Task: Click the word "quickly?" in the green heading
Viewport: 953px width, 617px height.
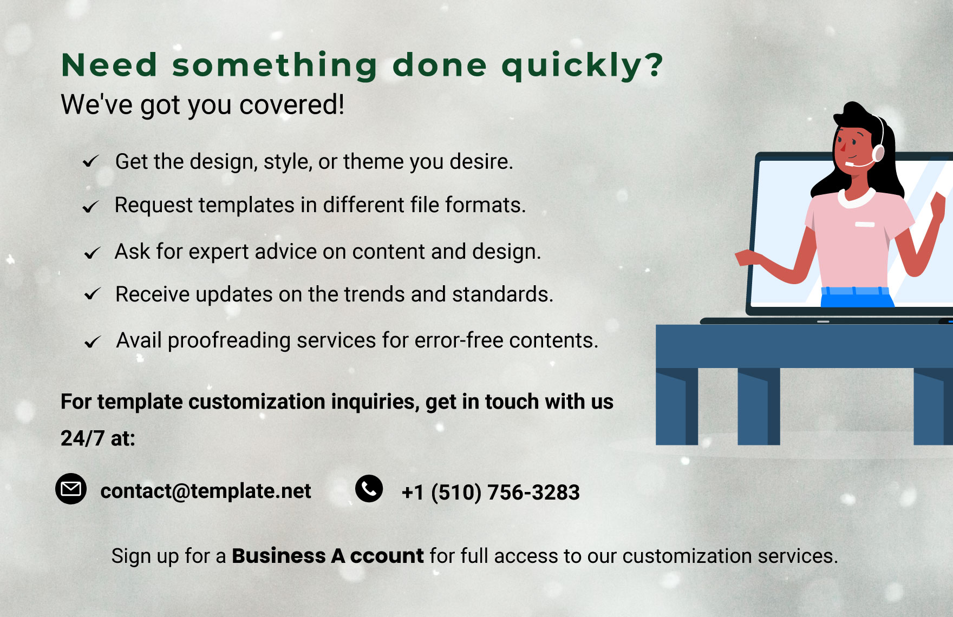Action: (582, 66)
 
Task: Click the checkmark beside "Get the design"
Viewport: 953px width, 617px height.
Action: (90, 161)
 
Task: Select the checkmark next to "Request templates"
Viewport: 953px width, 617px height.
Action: (90, 206)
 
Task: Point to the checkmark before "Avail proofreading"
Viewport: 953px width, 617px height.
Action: (93, 342)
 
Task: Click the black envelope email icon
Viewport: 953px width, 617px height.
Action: (71, 489)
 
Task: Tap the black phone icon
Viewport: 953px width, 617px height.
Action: (369, 489)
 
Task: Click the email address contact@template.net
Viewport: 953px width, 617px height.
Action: (206, 491)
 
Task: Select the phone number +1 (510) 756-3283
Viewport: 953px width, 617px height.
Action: (491, 492)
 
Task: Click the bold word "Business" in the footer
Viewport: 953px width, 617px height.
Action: (278, 556)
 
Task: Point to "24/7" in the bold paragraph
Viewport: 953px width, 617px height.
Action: (82, 438)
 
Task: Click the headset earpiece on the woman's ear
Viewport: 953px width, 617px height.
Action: (878, 153)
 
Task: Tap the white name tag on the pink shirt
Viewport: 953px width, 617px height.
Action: (865, 224)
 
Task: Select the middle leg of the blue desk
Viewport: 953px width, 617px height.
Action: (759, 406)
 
